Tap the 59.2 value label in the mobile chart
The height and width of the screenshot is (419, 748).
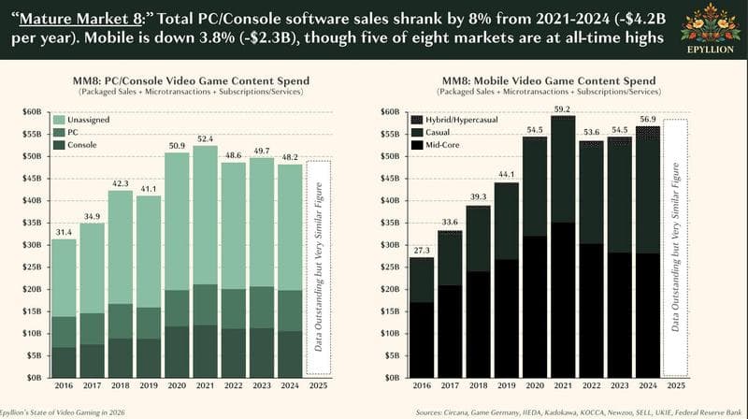tap(561, 108)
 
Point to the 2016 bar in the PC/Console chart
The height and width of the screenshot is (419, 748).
tap(65, 309)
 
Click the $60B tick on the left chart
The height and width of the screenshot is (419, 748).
tap(31, 112)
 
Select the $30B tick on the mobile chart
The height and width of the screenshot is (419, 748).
tap(390, 245)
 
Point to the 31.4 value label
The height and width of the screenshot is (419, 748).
tap(65, 232)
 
